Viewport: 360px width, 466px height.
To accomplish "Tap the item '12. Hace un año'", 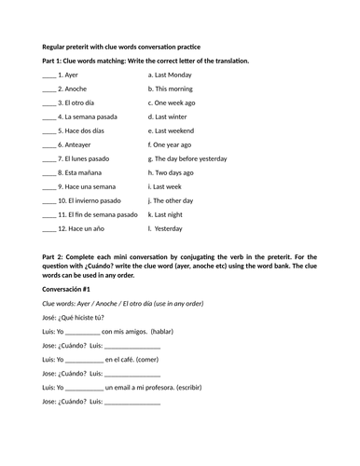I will (x=79, y=227).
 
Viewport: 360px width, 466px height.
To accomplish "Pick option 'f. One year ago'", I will (x=173, y=144).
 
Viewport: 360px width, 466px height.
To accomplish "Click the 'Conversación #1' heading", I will (x=68, y=290).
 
